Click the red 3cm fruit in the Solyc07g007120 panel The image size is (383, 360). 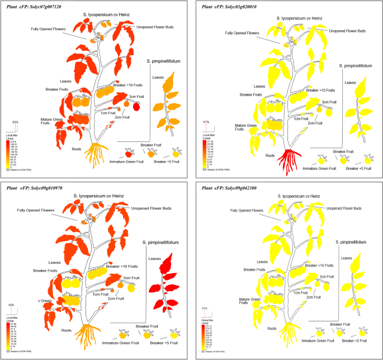[136, 106]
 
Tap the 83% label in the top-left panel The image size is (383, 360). [16, 122]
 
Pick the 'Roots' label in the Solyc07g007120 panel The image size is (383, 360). [78, 149]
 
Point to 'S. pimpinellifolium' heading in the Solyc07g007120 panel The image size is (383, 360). [163, 61]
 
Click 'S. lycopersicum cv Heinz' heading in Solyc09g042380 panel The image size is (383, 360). [297, 196]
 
